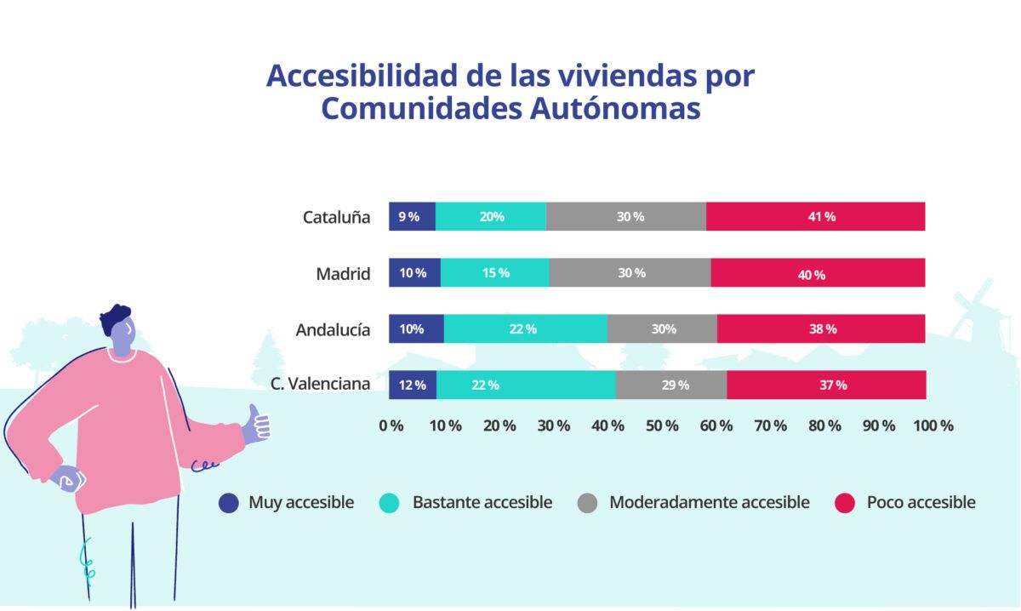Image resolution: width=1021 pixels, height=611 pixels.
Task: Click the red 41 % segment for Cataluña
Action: tap(815, 216)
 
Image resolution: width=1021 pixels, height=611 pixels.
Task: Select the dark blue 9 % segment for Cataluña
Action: tap(412, 216)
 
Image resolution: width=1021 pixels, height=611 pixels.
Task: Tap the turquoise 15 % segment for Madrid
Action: tap(494, 272)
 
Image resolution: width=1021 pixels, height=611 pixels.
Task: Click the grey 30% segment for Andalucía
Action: tap(662, 328)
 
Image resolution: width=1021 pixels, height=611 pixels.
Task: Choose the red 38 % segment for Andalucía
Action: tap(821, 328)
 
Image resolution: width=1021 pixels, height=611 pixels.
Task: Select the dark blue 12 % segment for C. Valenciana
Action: tap(413, 385)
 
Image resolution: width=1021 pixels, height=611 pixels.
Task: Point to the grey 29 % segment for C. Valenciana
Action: tap(671, 385)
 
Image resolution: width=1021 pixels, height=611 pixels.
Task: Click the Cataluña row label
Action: tap(336, 217)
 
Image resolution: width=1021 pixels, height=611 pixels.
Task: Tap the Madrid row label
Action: tap(343, 273)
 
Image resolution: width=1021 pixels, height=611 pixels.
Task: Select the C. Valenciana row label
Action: tap(320, 384)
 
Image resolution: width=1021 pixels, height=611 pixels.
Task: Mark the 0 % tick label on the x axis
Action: tap(391, 425)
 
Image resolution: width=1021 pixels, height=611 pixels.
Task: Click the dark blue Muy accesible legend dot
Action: tap(229, 503)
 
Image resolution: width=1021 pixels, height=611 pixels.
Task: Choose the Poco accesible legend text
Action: tap(921, 502)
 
